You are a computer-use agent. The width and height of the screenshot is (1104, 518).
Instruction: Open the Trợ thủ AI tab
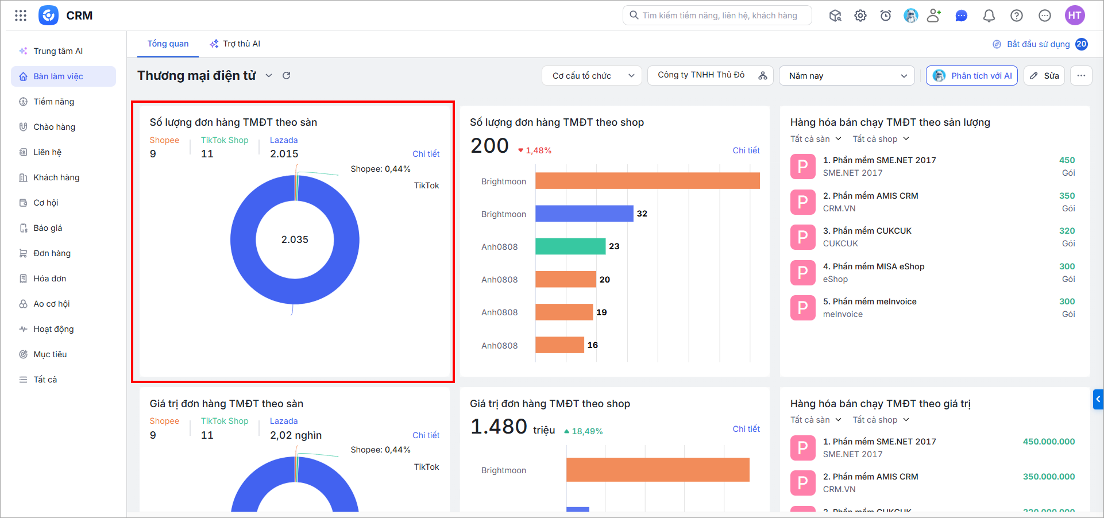[235, 44]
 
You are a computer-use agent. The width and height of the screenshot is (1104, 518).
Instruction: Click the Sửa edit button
[1044, 76]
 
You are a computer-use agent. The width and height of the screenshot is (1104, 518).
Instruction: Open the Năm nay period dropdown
[847, 76]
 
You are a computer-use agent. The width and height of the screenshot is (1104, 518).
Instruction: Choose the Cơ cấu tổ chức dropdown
[592, 76]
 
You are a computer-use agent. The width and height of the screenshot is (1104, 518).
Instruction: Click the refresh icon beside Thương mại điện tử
[287, 75]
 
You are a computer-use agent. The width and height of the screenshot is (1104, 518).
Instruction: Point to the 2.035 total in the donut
[295, 239]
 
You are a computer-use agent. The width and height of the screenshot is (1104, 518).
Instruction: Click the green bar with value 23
[570, 246]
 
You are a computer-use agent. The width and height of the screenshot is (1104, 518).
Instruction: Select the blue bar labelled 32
[584, 214]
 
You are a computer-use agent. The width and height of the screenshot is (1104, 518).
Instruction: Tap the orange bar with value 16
[559, 345]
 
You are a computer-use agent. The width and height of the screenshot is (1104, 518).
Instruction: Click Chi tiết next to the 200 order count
[746, 150]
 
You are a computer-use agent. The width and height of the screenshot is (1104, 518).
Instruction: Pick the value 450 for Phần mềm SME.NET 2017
[1067, 160]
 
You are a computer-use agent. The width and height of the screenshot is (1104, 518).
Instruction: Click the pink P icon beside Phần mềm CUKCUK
[803, 237]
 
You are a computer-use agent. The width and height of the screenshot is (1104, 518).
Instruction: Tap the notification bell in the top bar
[989, 16]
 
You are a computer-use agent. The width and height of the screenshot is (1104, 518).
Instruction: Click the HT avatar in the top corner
[1075, 16]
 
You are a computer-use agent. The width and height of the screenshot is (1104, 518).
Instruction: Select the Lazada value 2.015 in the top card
[284, 154]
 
